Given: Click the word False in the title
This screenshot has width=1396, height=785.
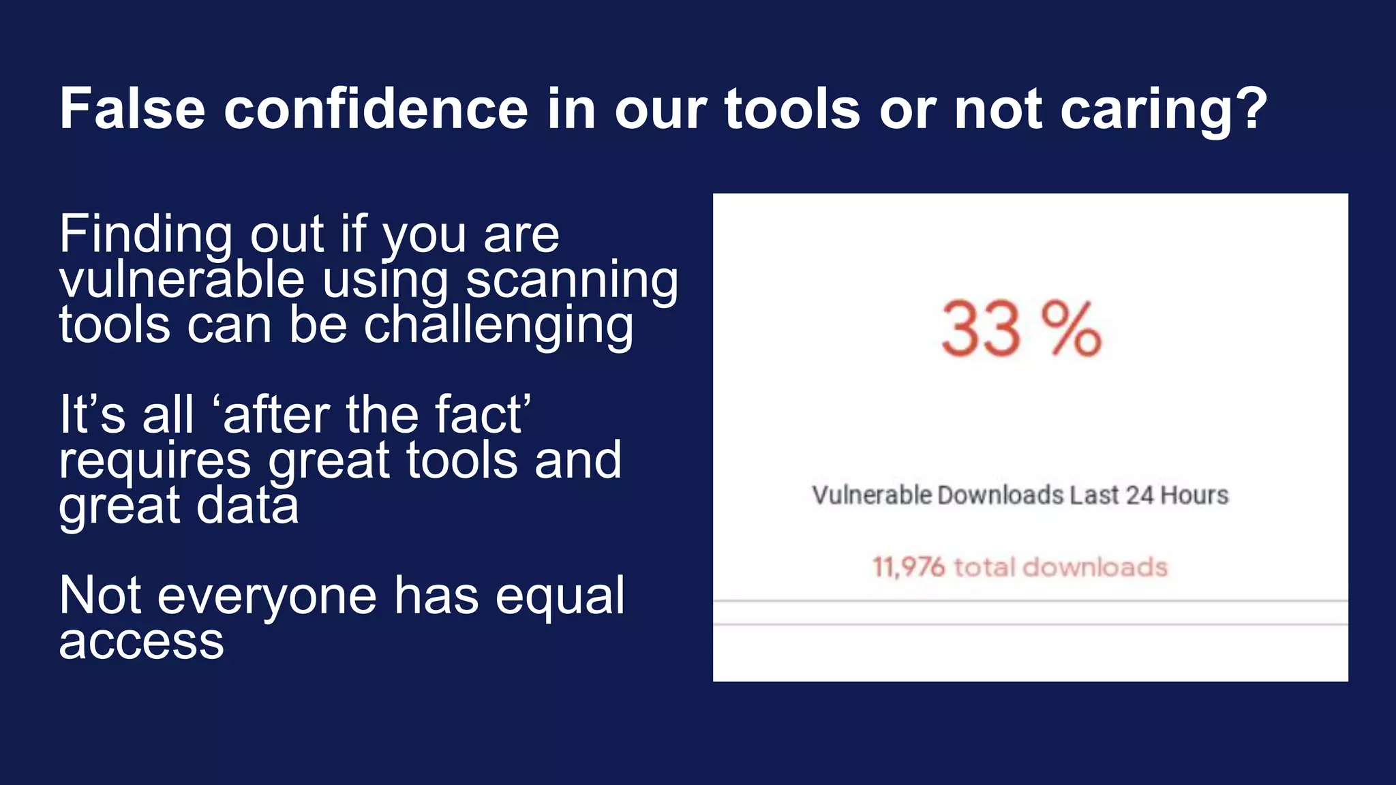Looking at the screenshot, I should (x=132, y=108).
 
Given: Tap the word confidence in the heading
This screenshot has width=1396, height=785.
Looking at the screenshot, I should (x=376, y=108).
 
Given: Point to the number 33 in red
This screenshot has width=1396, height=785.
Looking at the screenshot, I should (x=981, y=330).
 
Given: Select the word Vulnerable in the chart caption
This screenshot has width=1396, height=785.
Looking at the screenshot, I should (x=871, y=495).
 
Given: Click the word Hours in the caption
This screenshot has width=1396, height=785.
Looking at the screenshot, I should (x=1194, y=495).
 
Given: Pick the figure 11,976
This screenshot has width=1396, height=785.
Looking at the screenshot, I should (x=909, y=567).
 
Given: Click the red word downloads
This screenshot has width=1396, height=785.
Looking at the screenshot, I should (x=1095, y=567).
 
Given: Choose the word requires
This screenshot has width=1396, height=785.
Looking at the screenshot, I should (x=155, y=461).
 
